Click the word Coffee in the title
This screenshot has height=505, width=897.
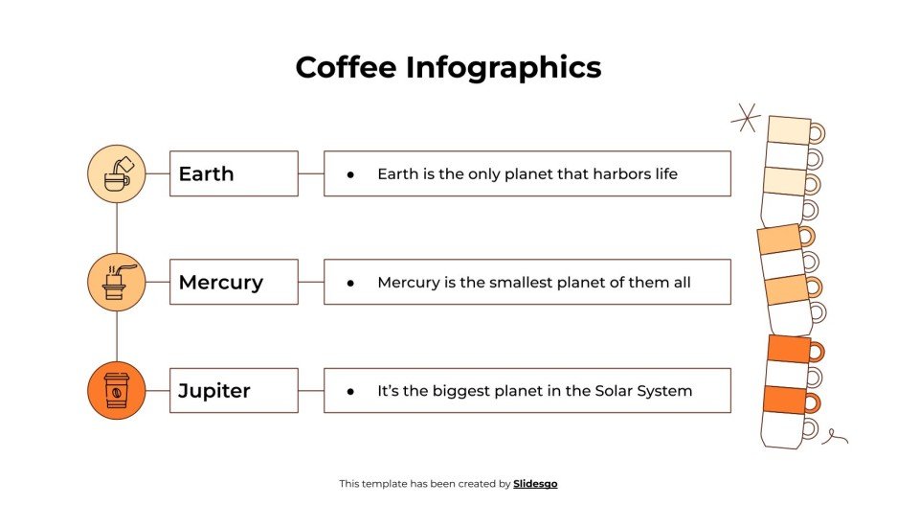tap(346, 67)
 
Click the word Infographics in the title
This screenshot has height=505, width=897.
tap(504, 68)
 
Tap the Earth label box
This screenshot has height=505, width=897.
tap(234, 173)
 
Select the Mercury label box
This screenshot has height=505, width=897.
tap(234, 282)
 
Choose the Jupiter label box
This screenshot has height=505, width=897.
tap(234, 391)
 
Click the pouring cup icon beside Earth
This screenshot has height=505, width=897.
tap(117, 173)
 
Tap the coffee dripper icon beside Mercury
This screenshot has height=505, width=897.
tap(117, 282)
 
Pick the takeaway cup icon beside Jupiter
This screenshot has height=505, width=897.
tap(117, 391)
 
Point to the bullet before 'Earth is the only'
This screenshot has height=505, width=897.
tap(350, 174)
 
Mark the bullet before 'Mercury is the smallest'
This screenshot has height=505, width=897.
tap(350, 283)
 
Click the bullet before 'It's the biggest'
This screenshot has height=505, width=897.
tap(350, 392)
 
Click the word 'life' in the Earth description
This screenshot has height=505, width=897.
tap(664, 173)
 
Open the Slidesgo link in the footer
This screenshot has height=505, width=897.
tap(535, 484)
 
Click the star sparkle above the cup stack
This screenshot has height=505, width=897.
tap(745, 119)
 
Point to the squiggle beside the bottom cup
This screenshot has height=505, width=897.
tap(835, 437)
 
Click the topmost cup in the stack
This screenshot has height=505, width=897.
tap(791, 130)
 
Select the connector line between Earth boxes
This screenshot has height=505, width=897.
tap(311, 173)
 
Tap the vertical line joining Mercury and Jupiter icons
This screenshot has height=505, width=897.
tap(117, 336)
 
